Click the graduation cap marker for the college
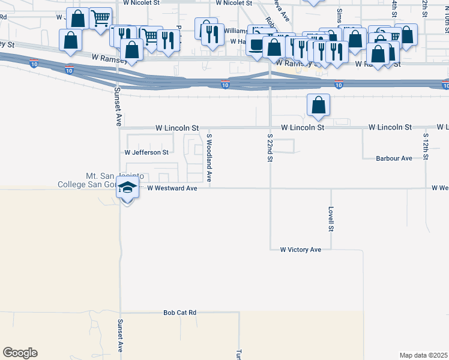click(127, 188)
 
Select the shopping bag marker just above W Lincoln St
click(318, 105)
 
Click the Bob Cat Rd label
click(180, 313)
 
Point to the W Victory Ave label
click(301, 249)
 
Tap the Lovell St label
click(331, 219)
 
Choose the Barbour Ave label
click(394, 158)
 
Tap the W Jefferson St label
click(146, 152)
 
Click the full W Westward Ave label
click(172, 188)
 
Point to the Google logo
click(20, 353)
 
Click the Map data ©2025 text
click(423, 355)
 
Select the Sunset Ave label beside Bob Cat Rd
click(120, 339)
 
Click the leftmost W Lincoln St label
click(177, 128)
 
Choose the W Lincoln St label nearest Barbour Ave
click(390, 127)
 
